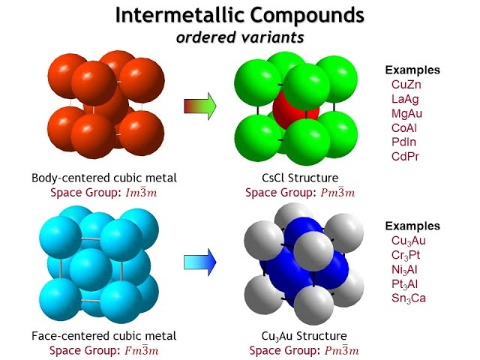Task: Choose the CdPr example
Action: tap(406, 156)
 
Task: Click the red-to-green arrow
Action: tap(200, 106)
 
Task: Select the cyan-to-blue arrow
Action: tap(200, 261)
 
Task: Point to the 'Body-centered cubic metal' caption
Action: tap(104, 178)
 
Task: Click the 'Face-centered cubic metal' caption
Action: tap(104, 335)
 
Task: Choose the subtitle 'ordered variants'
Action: tap(241, 37)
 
